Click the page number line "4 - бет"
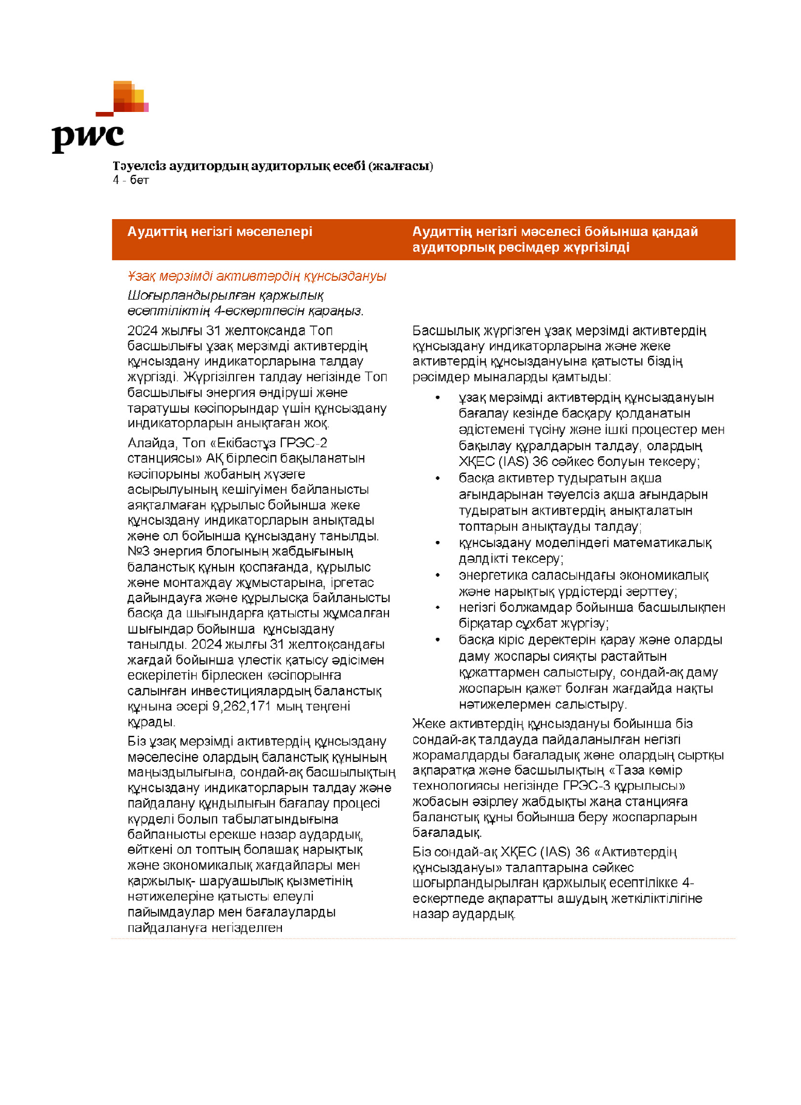[131, 180]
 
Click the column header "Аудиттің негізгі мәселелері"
[220, 232]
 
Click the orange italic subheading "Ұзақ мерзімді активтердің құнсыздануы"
[257, 277]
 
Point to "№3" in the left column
[139, 551]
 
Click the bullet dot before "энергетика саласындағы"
[438, 575]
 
